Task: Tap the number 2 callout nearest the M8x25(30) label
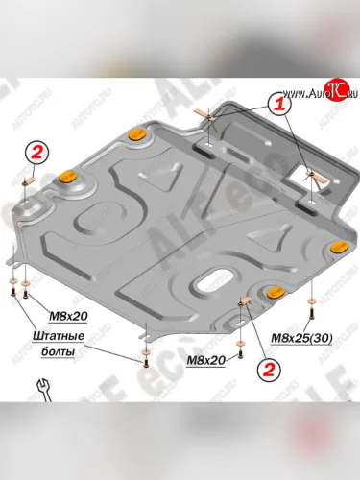268,367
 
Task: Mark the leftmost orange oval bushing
68,176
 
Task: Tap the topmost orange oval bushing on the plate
137,132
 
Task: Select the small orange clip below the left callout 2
32,178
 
